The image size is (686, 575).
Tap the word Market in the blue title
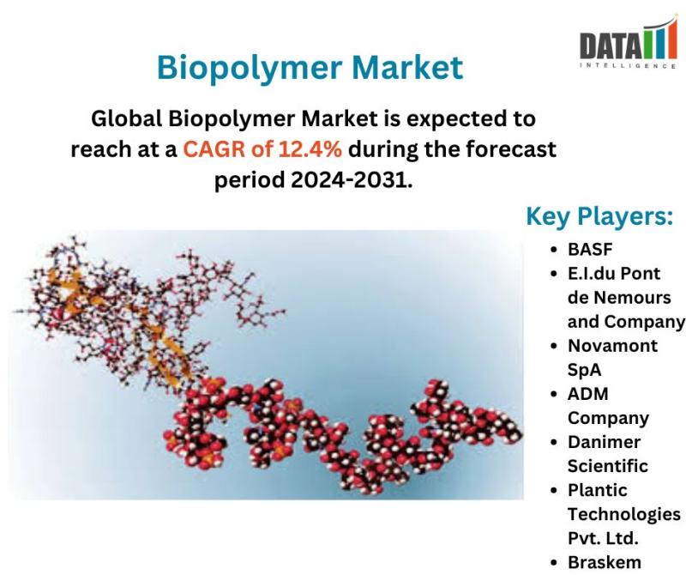[407, 67]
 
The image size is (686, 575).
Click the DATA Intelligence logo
[629, 42]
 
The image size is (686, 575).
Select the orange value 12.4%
[310, 148]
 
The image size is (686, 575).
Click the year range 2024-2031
[352, 179]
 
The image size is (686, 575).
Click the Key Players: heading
[599, 216]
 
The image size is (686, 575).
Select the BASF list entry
[590, 249]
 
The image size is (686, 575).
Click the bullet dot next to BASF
[554, 250]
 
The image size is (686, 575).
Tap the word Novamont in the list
[612, 346]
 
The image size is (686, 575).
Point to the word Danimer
[604, 442]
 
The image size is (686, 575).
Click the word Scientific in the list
[608, 466]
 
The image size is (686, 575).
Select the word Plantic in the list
[597, 490]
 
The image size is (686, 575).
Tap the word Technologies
[624, 515]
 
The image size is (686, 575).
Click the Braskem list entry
[605, 562]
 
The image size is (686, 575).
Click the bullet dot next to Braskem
[554, 562]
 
